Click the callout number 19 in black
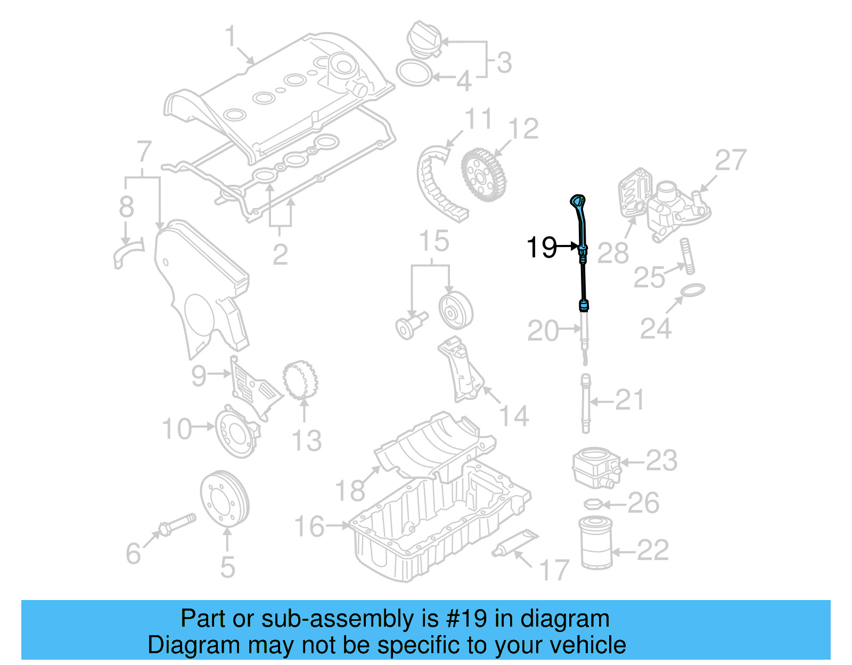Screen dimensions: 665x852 pos(541,248)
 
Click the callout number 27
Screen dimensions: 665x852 pos(731,160)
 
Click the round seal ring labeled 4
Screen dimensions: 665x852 pos(414,73)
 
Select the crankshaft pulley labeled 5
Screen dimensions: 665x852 pos(225,499)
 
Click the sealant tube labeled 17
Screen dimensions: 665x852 pos(514,543)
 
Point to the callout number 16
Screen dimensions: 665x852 pos(309,526)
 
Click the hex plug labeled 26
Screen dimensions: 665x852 pos(593,504)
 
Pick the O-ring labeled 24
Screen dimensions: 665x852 pos(693,291)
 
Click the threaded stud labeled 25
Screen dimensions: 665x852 pos(687,257)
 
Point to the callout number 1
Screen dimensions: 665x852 pos(230,36)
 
